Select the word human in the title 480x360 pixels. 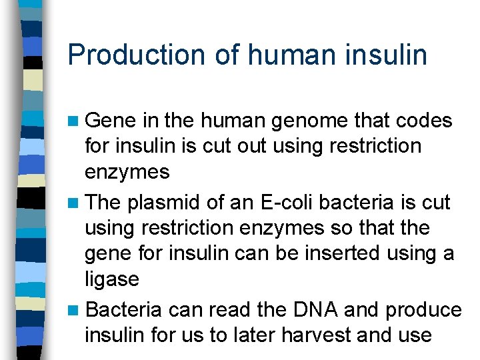(x=285, y=55)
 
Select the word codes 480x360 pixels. (x=424, y=121)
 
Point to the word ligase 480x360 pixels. (x=112, y=279)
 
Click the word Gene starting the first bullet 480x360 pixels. (x=111, y=121)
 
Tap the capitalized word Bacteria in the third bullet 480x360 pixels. (x=124, y=310)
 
